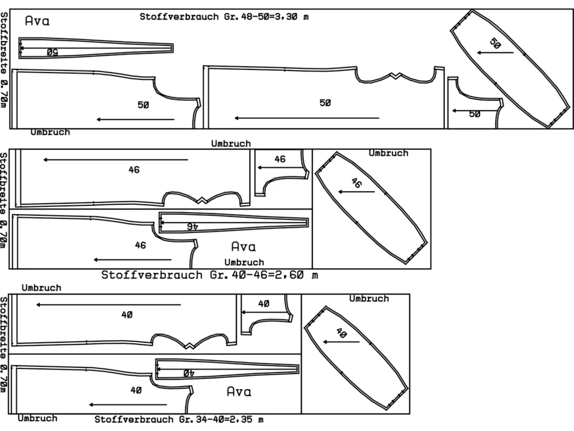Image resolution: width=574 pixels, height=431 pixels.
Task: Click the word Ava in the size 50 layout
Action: click(37, 21)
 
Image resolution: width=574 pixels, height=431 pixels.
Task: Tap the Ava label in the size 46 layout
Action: click(244, 247)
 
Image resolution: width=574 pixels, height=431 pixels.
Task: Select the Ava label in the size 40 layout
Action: click(239, 391)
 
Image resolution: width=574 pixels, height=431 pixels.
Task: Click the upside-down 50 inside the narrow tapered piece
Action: click(52, 52)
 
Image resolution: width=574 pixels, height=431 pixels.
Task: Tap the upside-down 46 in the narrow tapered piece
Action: click(192, 227)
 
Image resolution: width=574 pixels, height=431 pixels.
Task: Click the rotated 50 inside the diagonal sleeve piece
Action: click(495, 43)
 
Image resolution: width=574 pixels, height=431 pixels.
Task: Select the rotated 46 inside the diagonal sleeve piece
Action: click(357, 183)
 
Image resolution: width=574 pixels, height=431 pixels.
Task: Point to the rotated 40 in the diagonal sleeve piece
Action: click(342, 333)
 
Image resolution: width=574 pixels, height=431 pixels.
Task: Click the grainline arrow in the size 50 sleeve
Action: click(495, 53)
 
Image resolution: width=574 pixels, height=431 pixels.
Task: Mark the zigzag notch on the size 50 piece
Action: click(396, 76)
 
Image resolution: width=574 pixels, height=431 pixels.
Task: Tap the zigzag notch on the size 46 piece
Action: click(202, 200)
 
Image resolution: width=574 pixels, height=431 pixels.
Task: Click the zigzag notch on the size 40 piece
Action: click(190, 346)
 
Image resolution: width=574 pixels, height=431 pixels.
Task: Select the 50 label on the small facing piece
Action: click(475, 114)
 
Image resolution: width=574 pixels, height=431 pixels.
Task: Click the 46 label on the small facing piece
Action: click(280, 159)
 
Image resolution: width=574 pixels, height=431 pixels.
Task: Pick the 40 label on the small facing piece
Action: click(264, 304)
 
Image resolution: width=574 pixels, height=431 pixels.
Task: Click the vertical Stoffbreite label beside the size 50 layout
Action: click(4, 59)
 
